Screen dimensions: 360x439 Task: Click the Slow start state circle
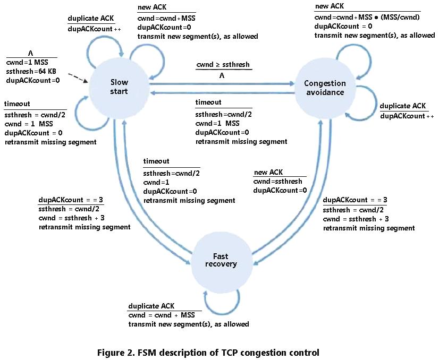[119, 87]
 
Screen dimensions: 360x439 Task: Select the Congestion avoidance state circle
[324, 87]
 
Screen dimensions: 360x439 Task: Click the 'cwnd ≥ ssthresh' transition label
[222, 65]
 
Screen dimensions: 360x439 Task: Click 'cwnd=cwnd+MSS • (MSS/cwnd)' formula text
[367, 16]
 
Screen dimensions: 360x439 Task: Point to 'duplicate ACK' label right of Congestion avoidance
[402, 106]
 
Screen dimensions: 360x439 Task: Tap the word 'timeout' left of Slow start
[17, 104]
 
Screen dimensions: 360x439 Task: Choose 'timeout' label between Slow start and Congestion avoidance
[208, 102]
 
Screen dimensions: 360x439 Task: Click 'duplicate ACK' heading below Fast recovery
[150, 307]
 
